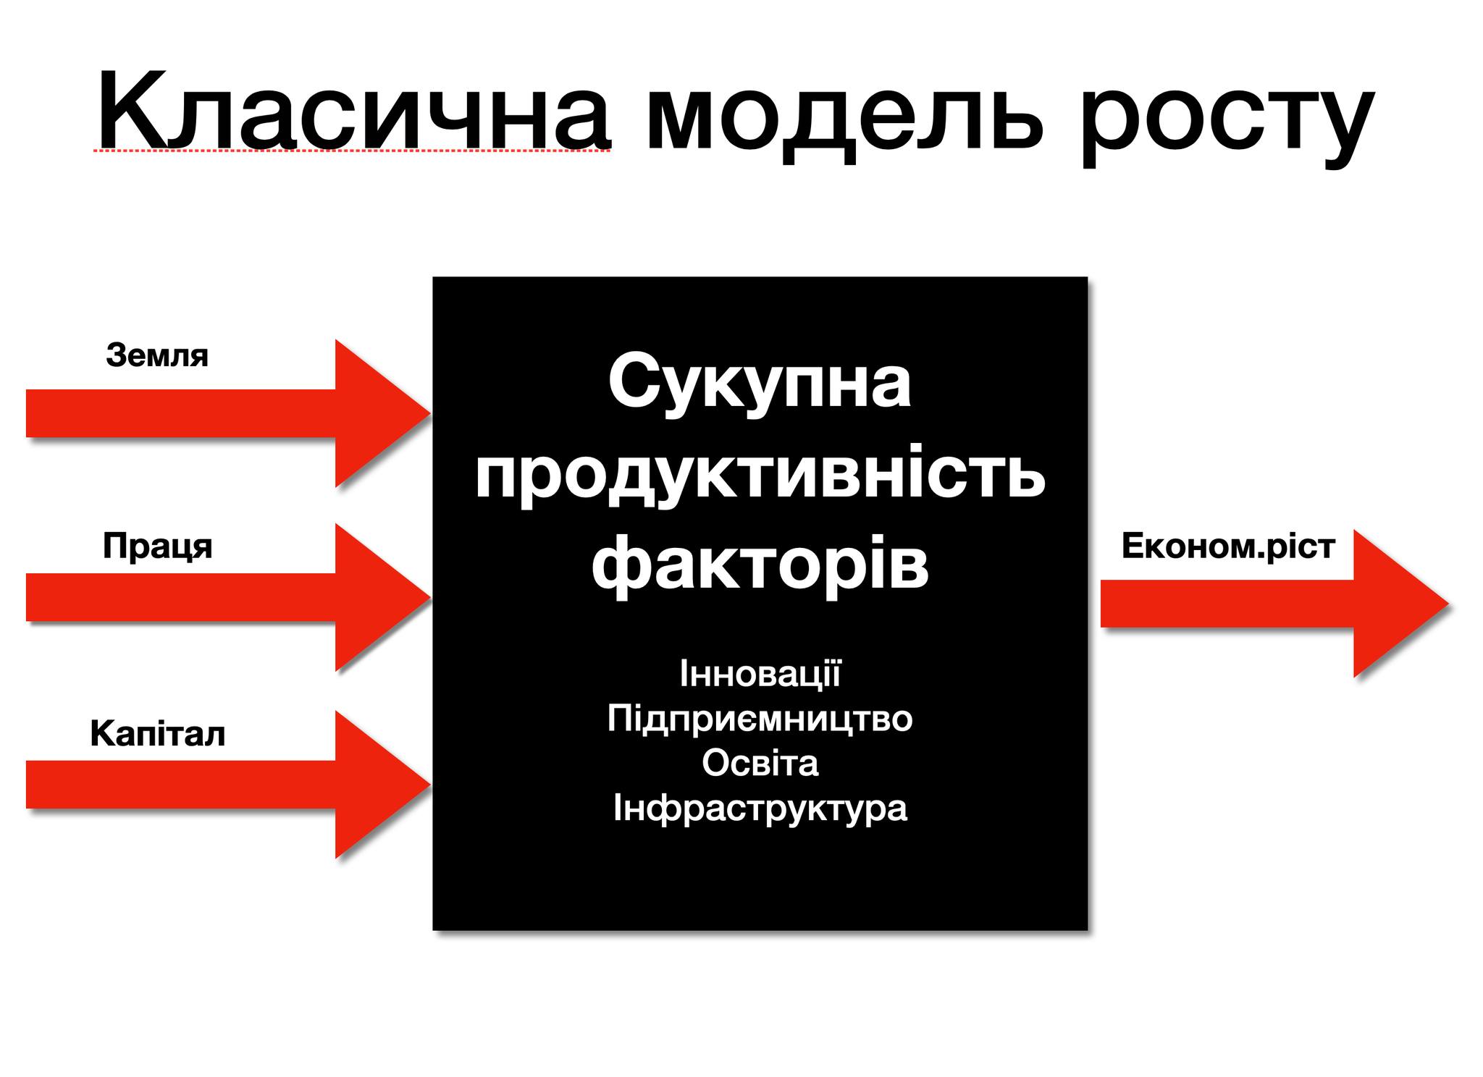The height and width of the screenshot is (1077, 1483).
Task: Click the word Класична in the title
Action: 353,109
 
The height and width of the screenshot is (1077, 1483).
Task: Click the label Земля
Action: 157,356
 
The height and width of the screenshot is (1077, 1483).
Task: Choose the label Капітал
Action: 158,734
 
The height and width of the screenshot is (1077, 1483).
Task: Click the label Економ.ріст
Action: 1228,546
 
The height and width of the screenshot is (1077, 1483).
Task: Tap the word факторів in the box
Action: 760,565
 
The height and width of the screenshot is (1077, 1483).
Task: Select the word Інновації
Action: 760,673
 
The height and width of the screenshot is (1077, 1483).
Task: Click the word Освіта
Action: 760,763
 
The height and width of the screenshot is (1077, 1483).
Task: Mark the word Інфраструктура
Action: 760,808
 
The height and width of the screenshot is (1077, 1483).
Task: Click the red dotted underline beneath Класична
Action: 353,151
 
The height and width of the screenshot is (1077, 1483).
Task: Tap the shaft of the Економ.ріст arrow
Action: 1227,604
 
